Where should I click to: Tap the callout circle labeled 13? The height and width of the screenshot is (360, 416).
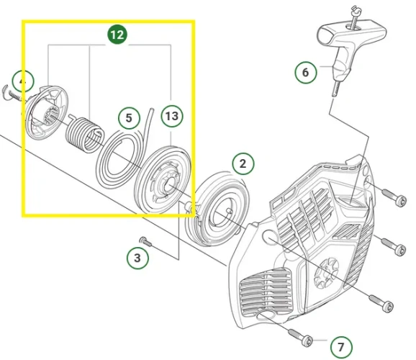pyautogui.click(x=171, y=116)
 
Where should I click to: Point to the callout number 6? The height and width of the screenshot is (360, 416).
pyautogui.click(x=306, y=72)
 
